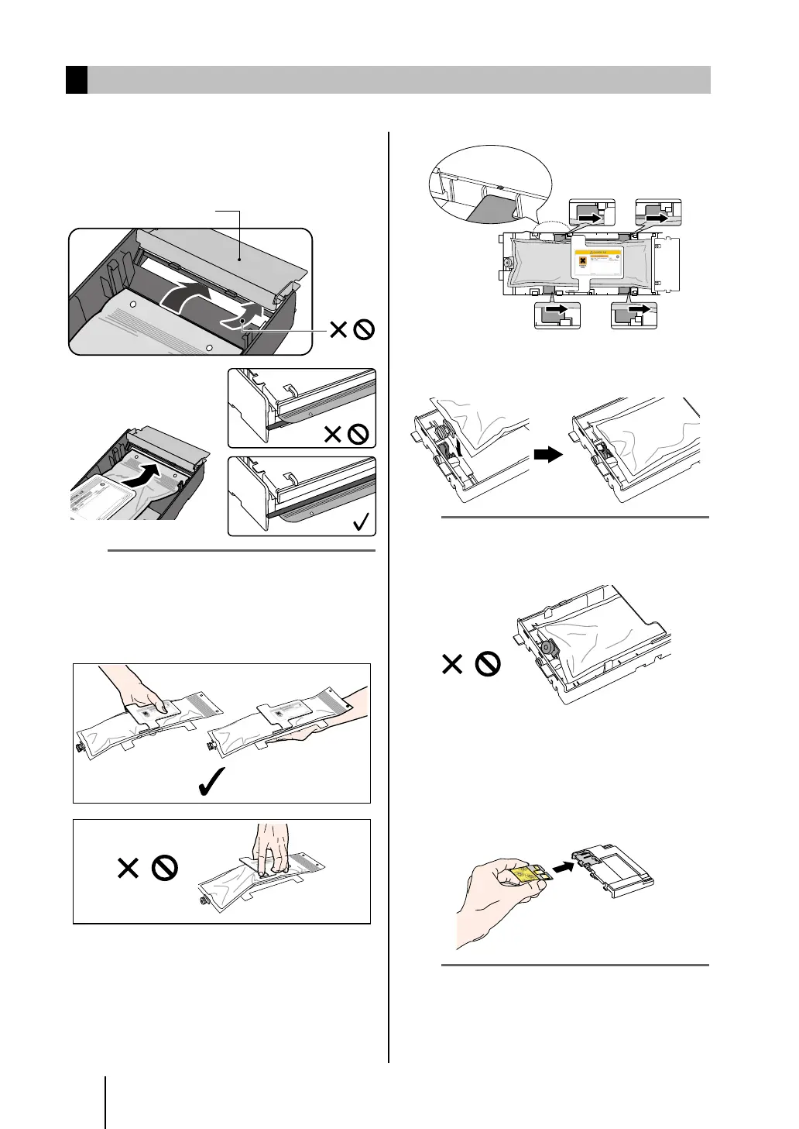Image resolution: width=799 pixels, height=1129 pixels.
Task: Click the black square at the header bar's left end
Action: click(77, 80)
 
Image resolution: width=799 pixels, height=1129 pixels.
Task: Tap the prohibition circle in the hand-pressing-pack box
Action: click(165, 868)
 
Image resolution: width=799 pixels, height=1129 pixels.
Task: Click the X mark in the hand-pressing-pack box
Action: click(128, 868)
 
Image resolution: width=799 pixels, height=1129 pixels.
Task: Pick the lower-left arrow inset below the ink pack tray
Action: click(557, 315)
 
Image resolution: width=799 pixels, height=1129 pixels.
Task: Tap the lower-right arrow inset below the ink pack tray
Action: click(633, 315)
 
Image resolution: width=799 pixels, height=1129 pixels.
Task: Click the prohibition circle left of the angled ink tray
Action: click(487, 664)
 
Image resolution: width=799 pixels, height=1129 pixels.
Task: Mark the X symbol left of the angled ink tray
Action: click(452, 664)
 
